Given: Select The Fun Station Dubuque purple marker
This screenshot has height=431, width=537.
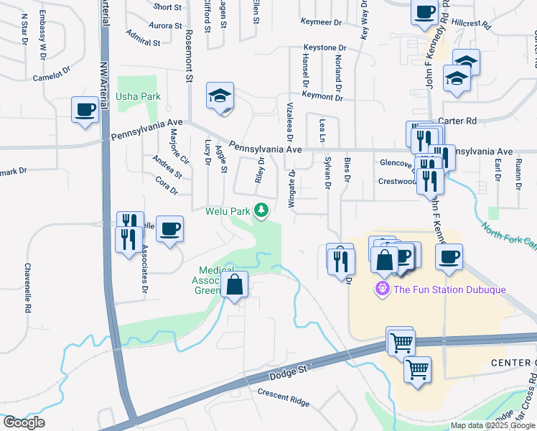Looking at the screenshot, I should [382, 289].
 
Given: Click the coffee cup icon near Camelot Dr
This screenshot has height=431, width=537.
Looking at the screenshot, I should [85, 110].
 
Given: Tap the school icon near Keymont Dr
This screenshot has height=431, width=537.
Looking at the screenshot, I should [220, 96].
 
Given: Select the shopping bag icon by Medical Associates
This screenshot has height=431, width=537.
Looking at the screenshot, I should [234, 284].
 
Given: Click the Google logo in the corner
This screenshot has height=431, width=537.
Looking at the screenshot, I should [24, 422].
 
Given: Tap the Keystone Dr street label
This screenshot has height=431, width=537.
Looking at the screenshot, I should [324, 47].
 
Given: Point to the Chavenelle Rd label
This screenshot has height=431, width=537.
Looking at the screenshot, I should [28, 287].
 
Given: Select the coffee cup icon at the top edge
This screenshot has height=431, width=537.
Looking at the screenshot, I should [424, 11].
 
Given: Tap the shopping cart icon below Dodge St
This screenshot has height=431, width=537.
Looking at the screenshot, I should [416, 370].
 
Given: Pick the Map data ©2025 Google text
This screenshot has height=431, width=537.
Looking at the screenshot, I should [492, 425].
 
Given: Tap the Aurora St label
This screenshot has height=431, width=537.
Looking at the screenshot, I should [165, 25].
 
